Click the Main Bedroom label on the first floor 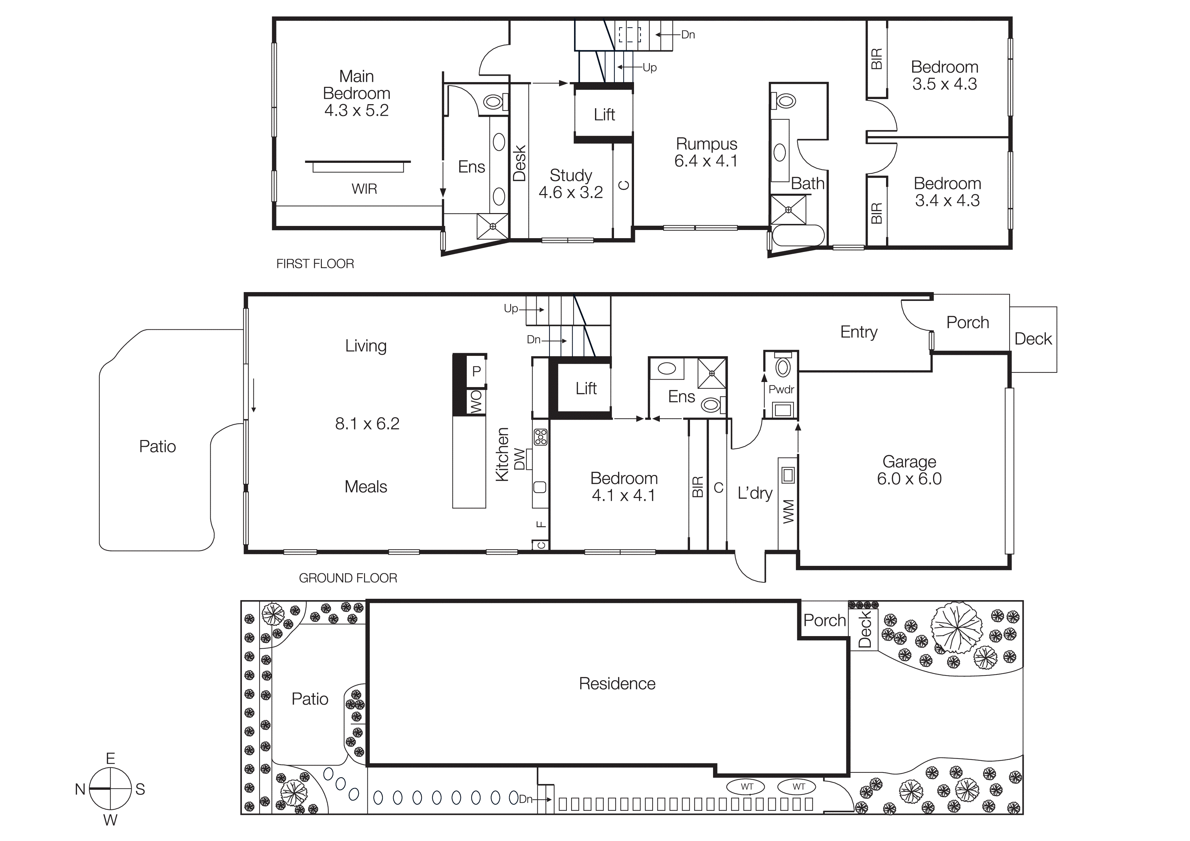[356, 93]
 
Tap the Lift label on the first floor [604, 115]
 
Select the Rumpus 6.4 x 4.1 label [706, 152]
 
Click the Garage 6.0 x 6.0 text [909, 470]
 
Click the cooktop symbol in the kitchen [541, 437]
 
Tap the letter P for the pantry [476, 371]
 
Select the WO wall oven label [476, 402]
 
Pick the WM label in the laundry [788, 512]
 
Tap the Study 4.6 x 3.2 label [570, 184]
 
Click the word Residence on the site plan [617, 684]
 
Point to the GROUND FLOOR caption [348, 578]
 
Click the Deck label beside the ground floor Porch [1033, 339]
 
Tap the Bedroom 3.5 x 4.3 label [944, 75]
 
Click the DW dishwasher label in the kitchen [519, 459]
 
